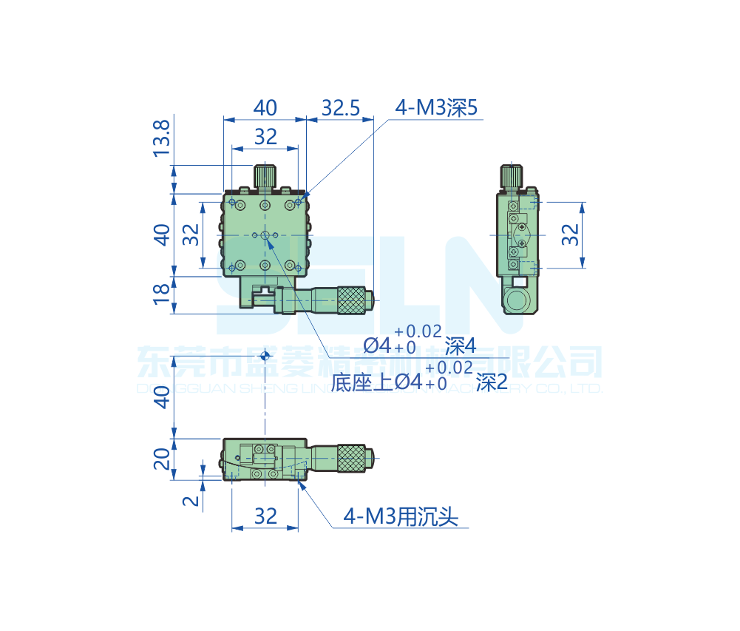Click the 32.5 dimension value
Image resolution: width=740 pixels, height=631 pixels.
pos(340,109)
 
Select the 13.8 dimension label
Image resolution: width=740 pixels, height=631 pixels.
pos(161,138)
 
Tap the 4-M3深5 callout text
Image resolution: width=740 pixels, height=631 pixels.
pos(437,109)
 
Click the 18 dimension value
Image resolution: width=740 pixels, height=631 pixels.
pos(161,295)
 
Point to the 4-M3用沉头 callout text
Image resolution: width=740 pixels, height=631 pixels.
pos(401,516)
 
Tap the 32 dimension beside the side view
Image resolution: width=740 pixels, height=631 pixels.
pos(570,234)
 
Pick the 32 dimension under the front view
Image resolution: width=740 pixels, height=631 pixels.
pos(265,516)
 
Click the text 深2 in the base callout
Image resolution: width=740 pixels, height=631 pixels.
pos(492,382)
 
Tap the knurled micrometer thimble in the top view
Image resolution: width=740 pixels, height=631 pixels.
pos(353,300)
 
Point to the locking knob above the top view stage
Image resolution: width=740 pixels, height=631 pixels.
pos(265,176)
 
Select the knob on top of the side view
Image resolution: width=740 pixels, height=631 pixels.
pos(513,177)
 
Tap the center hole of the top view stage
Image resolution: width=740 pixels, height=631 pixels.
pos(265,235)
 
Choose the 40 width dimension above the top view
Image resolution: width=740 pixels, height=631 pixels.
pos(265,109)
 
